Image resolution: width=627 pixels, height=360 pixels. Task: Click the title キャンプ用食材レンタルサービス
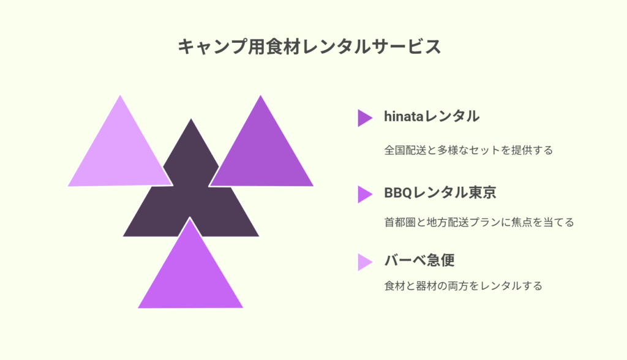coord(309,47)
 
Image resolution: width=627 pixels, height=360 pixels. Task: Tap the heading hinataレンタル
coord(432,116)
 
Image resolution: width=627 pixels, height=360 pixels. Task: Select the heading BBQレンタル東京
coord(440,192)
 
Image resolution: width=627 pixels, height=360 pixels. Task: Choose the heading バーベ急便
coord(419,260)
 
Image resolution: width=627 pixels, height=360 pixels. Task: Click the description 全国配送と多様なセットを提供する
coord(468,150)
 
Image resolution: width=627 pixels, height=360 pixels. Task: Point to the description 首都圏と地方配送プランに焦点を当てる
coord(479,222)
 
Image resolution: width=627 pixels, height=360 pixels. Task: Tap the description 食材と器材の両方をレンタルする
coord(463,285)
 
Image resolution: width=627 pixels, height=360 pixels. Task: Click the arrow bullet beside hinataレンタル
coord(365,118)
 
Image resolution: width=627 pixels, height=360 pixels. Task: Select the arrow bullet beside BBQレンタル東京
coord(365,195)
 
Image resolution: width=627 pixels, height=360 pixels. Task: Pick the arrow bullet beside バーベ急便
coord(365,263)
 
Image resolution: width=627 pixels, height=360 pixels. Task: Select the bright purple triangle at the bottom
coord(190,272)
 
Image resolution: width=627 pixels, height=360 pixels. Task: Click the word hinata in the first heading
coord(404,116)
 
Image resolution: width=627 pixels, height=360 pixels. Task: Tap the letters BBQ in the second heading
coord(398,193)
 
